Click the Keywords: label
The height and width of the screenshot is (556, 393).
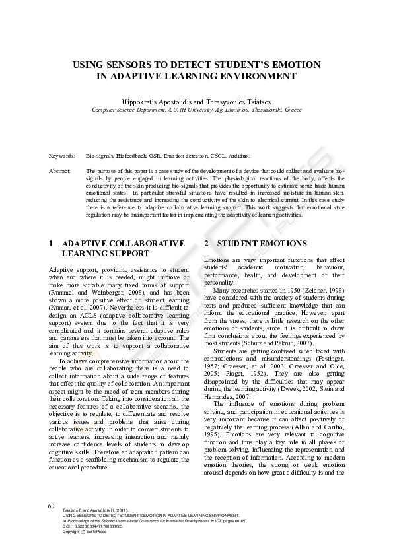(61, 156)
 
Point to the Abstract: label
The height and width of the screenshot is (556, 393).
(60, 171)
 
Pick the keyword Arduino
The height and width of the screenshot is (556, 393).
(239, 156)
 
